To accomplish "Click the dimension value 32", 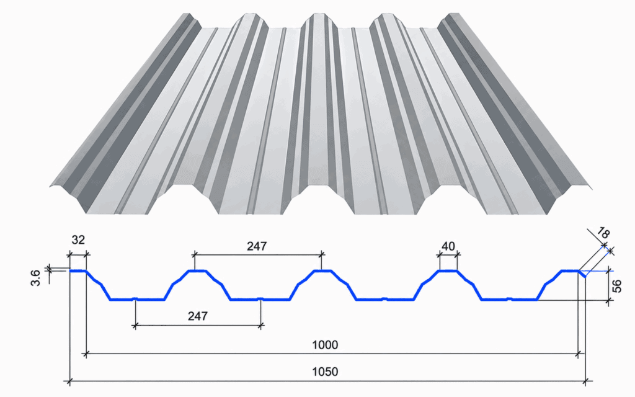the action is pyautogui.click(x=78, y=240).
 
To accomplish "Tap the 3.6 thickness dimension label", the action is pyautogui.click(x=36, y=277).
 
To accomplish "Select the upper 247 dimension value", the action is pyautogui.click(x=257, y=246).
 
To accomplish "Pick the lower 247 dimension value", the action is pyautogui.click(x=198, y=316).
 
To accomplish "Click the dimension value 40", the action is pyautogui.click(x=448, y=246).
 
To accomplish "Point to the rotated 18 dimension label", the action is pyautogui.click(x=603, y=233).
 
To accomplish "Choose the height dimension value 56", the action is pyautogui.click(x=617, y=286).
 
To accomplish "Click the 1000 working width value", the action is pyautogui.click(x=325, y=345).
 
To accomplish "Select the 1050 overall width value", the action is pyautogui.click(x=325, y=372).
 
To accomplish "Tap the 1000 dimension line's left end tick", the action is pyautogui.click(x=86, y=354).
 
